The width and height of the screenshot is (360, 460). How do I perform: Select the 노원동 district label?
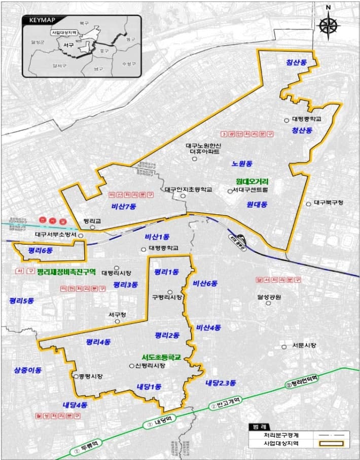[x=241, y=163]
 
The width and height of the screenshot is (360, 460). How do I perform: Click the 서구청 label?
[x=117, y=315]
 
